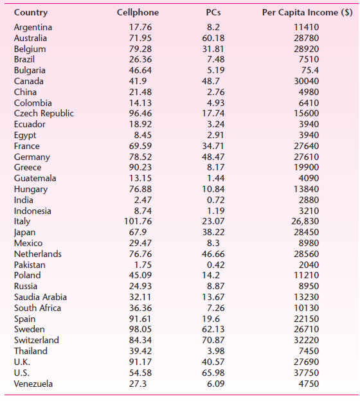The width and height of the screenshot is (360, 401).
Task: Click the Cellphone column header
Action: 138,13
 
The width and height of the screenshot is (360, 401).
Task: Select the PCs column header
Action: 214,13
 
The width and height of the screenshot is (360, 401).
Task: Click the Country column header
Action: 30,13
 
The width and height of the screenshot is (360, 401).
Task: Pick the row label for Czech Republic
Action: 44,114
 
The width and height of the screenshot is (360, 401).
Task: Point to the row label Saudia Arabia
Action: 40,298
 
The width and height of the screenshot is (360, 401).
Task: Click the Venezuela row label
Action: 33,384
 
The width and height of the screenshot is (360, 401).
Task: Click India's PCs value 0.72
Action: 214,201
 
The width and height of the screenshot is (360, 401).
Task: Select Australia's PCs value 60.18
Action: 214,38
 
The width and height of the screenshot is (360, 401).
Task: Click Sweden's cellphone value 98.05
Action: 140,330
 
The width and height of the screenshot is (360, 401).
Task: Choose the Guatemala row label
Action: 35,179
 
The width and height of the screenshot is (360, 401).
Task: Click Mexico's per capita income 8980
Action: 308,244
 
